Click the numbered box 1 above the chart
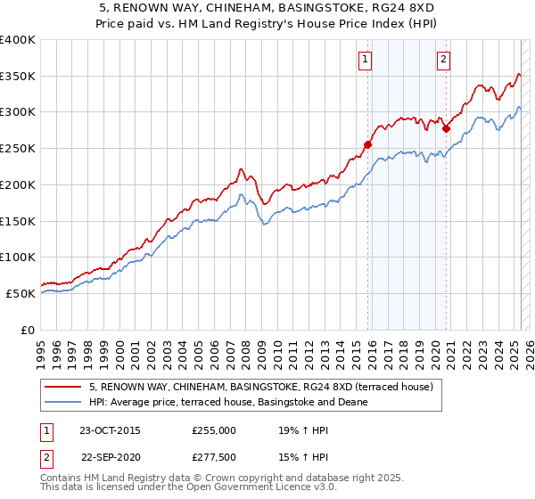point(366,60)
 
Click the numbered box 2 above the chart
point(443,60)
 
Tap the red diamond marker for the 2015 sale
point(367,143)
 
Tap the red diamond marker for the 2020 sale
point(447,127)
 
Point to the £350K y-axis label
point(18,77)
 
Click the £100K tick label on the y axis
point(18,257)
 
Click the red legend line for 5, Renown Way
point(63,386)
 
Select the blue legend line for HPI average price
point(63,402)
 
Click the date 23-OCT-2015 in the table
point(110,429)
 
